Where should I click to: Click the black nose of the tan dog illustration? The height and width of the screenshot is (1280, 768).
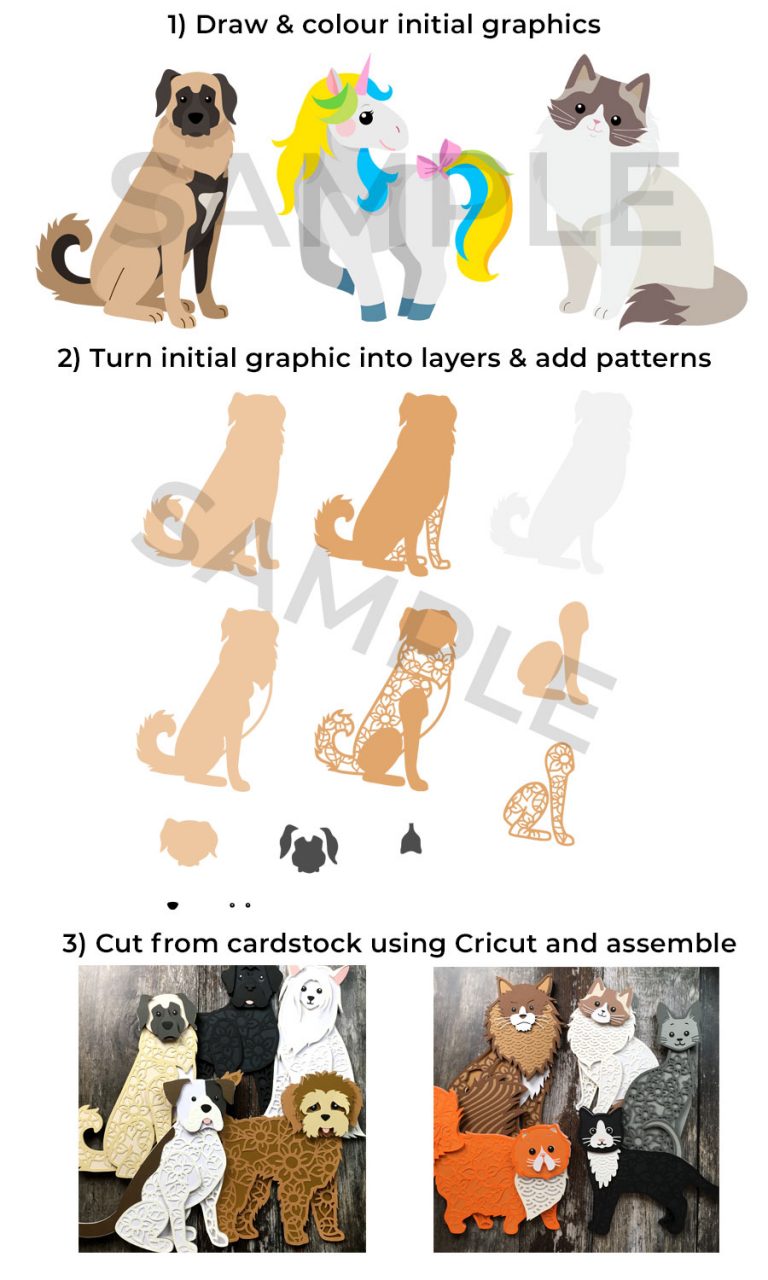tap(195, 117)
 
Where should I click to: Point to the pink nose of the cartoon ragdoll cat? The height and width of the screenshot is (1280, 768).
tap(596, 122)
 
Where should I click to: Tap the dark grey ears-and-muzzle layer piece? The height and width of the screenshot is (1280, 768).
tap(309, 847)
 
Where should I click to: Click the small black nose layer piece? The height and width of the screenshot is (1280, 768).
tap(172, 905)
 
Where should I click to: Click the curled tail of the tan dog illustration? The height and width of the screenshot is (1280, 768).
tap(64, 254)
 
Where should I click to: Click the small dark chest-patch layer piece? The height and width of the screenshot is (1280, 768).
tap(411, 839)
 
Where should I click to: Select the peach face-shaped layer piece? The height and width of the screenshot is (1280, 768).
tap(189, 840)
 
